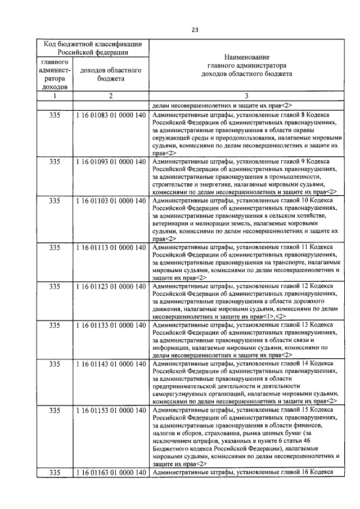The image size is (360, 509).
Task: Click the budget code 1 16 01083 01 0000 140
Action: coord(111,114)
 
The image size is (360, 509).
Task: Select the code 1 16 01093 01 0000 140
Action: coord(111,161)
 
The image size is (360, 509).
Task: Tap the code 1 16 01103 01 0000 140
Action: coord(111,200)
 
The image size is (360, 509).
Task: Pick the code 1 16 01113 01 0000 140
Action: coord(111,247)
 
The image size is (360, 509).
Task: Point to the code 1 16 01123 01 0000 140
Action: coord(111,286)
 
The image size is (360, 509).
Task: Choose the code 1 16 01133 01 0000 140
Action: coord(111,325)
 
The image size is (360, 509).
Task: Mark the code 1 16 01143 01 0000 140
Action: coord(111,364)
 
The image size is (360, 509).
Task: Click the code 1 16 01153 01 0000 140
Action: coord(111,411)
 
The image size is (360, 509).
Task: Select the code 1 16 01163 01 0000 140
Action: coord(111,474)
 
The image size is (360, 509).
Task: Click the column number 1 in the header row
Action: coord(55,96)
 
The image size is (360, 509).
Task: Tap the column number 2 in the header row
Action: coord(111,96)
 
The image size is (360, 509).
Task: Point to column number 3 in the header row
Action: coord(246,96)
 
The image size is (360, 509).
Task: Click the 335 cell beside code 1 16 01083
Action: coord(55,114)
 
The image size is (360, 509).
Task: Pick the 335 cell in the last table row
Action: coord(55,474)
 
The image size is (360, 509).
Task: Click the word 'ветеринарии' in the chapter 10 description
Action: coord(171,223)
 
